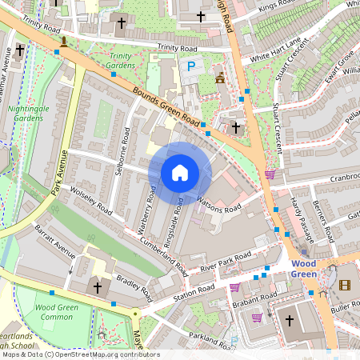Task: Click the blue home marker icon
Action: coord(180,172)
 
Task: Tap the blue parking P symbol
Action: coord(190,69)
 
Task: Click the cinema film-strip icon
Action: coord(345,285)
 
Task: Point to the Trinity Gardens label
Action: coord(121,61)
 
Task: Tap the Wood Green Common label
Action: coord(55,311)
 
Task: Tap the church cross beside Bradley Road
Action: coord(98,286)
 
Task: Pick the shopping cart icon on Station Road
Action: coord(234,287)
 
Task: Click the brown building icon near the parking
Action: coord(221,77)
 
